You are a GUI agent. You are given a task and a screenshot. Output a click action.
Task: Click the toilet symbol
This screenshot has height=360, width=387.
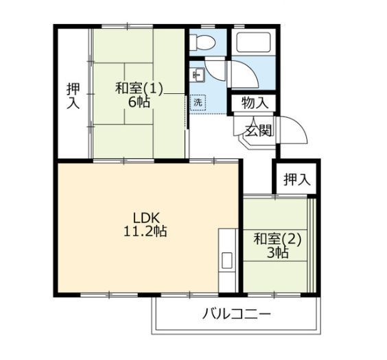tap(204, 42)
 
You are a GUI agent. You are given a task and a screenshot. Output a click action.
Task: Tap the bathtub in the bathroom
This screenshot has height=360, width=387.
tap(253, 42)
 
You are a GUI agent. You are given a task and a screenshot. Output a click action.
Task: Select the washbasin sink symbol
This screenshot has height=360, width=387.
tap(198, 75)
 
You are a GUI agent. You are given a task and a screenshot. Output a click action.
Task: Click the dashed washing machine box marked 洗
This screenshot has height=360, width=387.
tap(198, 103)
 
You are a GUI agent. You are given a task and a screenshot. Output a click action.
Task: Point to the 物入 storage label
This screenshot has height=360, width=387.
tap(255, 102)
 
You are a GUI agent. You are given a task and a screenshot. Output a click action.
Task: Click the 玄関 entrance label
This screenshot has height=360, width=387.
tap(258, 130)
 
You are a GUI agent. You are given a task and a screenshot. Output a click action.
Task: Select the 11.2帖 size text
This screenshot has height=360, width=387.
tap(145, 232)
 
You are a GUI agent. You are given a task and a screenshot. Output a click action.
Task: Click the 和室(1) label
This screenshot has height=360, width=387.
tap(139, 88)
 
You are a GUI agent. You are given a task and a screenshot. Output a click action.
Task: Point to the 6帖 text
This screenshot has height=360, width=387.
tap(139, 102)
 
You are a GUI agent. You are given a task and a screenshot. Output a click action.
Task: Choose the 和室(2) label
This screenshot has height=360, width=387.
tap(277, 239)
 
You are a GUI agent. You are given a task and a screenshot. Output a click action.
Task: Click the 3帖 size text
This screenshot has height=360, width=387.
tap(277, 252)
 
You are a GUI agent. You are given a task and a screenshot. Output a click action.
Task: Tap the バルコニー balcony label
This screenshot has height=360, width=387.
tap(237, 314)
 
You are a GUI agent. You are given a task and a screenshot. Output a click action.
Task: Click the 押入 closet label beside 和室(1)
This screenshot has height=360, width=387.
tap(73, 96)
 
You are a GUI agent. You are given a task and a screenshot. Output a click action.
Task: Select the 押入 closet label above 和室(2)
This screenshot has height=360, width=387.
tap(296, 179)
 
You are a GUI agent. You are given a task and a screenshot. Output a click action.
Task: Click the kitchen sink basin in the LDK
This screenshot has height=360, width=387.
tap(227, 261)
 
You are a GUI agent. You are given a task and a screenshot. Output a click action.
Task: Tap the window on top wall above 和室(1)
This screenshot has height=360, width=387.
tap(127, 26)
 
